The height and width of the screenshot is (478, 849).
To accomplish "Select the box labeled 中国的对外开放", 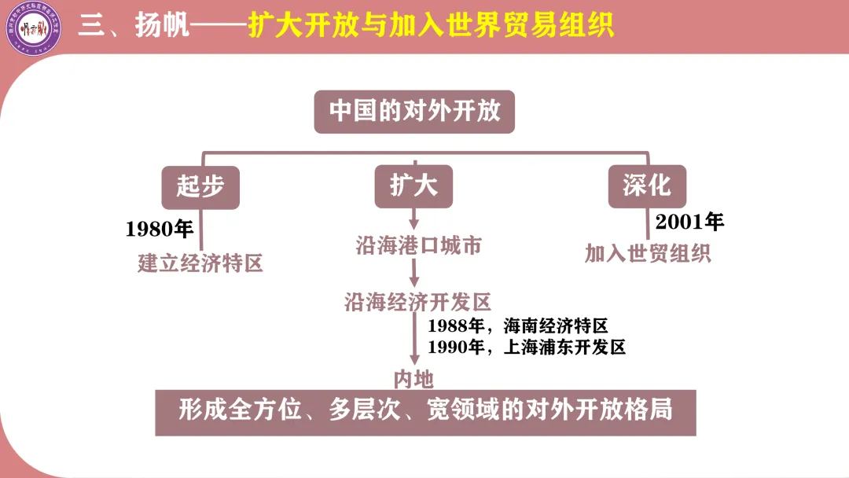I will coord(414,111).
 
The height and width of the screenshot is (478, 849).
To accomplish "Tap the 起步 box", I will coord(200,186).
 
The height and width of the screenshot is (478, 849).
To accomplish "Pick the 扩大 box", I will coord(413,186).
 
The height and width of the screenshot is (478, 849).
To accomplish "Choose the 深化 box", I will coord(647,186).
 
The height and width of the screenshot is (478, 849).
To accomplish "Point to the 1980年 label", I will coord(160,229).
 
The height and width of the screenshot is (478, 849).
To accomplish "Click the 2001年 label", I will coord(689,222).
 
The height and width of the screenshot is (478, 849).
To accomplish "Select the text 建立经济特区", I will coord(200,263).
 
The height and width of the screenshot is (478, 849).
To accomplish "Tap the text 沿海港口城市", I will coord(417,246).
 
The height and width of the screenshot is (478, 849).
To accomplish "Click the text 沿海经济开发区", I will coord(417,302).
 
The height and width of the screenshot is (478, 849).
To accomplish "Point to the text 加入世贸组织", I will coord(648,254).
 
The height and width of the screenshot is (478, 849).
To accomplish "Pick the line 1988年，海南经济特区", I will coord(518,326).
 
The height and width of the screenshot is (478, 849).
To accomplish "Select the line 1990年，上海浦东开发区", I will coord(526,347).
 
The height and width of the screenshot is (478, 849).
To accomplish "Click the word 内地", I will coord(413,380).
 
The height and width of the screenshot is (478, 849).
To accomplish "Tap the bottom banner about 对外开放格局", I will coord(425,411).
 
